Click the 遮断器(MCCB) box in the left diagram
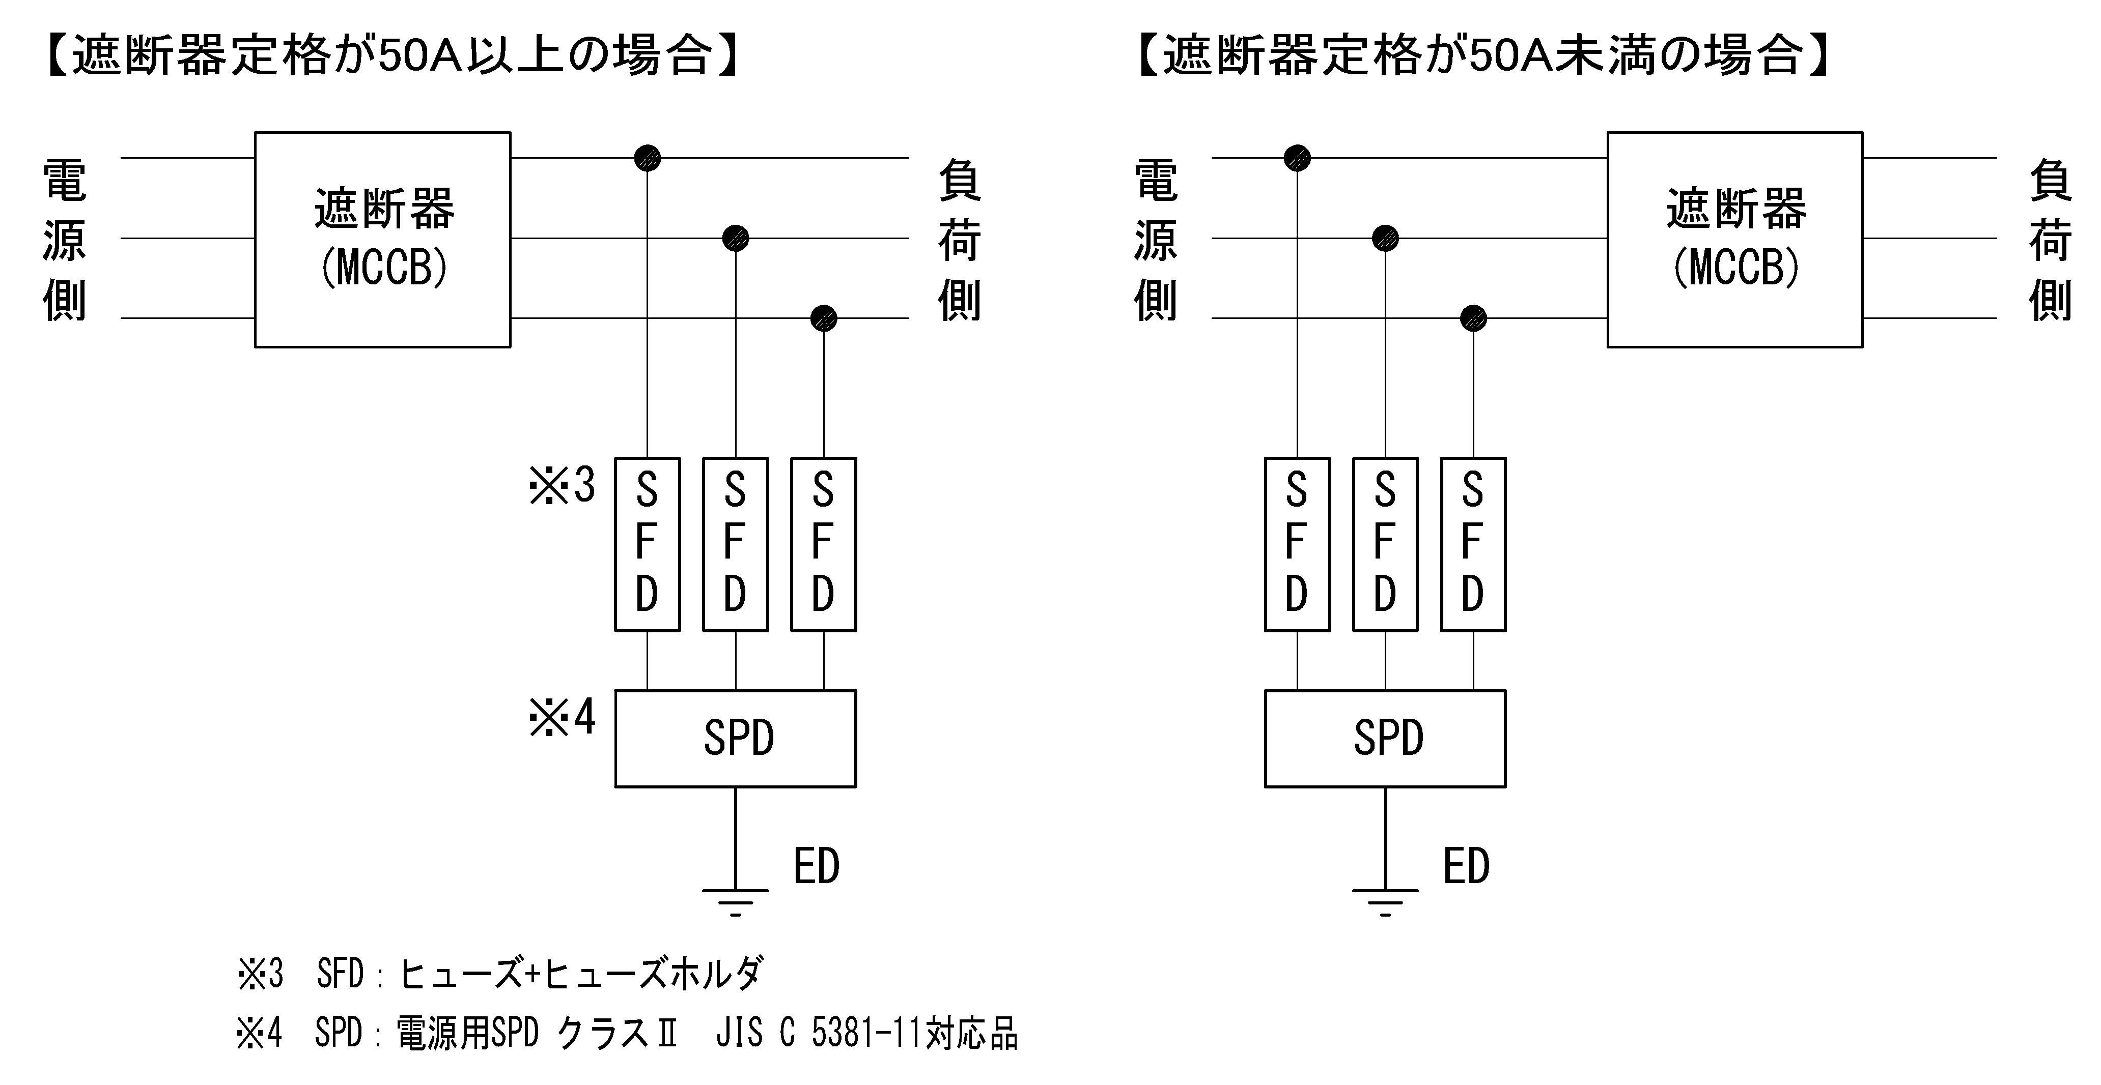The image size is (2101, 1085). pos(382,240)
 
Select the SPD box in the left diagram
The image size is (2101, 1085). pos(735,739)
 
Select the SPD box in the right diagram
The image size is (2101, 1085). pos(1385,739)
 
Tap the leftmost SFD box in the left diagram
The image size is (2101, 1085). pos(647,544)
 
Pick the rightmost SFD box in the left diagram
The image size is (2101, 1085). pos(823,544)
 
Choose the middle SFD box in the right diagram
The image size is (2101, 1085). pos(1385,544)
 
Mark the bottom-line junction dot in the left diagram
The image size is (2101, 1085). pos(824,318)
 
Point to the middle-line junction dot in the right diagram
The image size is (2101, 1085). pos(1385,238)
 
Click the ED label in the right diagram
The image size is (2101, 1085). pos(1466,867)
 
